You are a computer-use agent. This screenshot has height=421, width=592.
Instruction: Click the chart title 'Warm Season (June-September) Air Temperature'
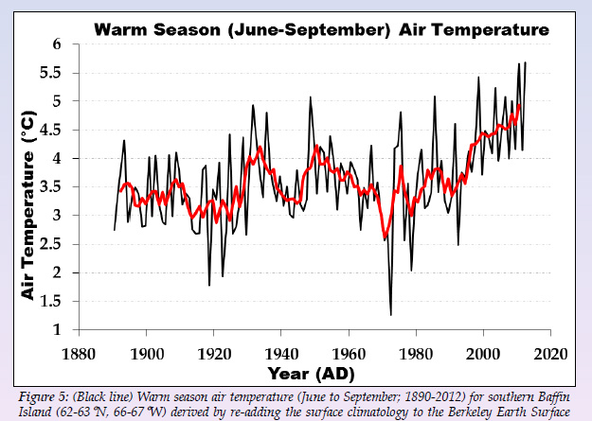(321, 29)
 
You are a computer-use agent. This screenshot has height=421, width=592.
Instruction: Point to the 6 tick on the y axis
(56, 44)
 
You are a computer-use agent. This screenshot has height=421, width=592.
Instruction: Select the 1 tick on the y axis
(56, 331)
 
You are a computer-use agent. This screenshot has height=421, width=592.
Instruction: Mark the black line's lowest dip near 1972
(390, 315)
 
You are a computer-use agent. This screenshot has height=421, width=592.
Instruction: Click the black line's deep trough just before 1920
(209, 285)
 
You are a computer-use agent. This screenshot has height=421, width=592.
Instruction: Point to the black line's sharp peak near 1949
(310, 97)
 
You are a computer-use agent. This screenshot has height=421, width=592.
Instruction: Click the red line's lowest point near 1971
(386, 239)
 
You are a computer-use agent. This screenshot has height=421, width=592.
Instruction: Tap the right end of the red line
(519, 105)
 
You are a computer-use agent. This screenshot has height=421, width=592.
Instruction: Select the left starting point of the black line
(114, 230)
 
